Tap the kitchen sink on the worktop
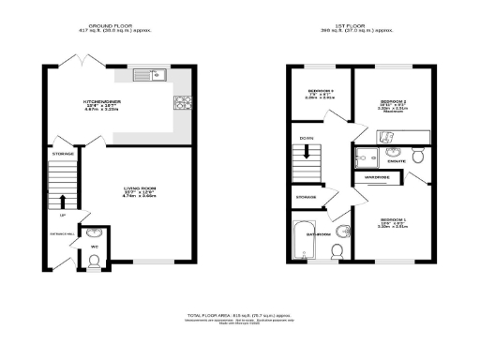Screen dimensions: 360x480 [x=148, y=74]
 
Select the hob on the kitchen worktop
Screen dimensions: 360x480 [x=181, y=101]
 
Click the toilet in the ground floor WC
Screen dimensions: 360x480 [x=95, y=258]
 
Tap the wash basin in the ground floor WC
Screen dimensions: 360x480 [x=95, y=233]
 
